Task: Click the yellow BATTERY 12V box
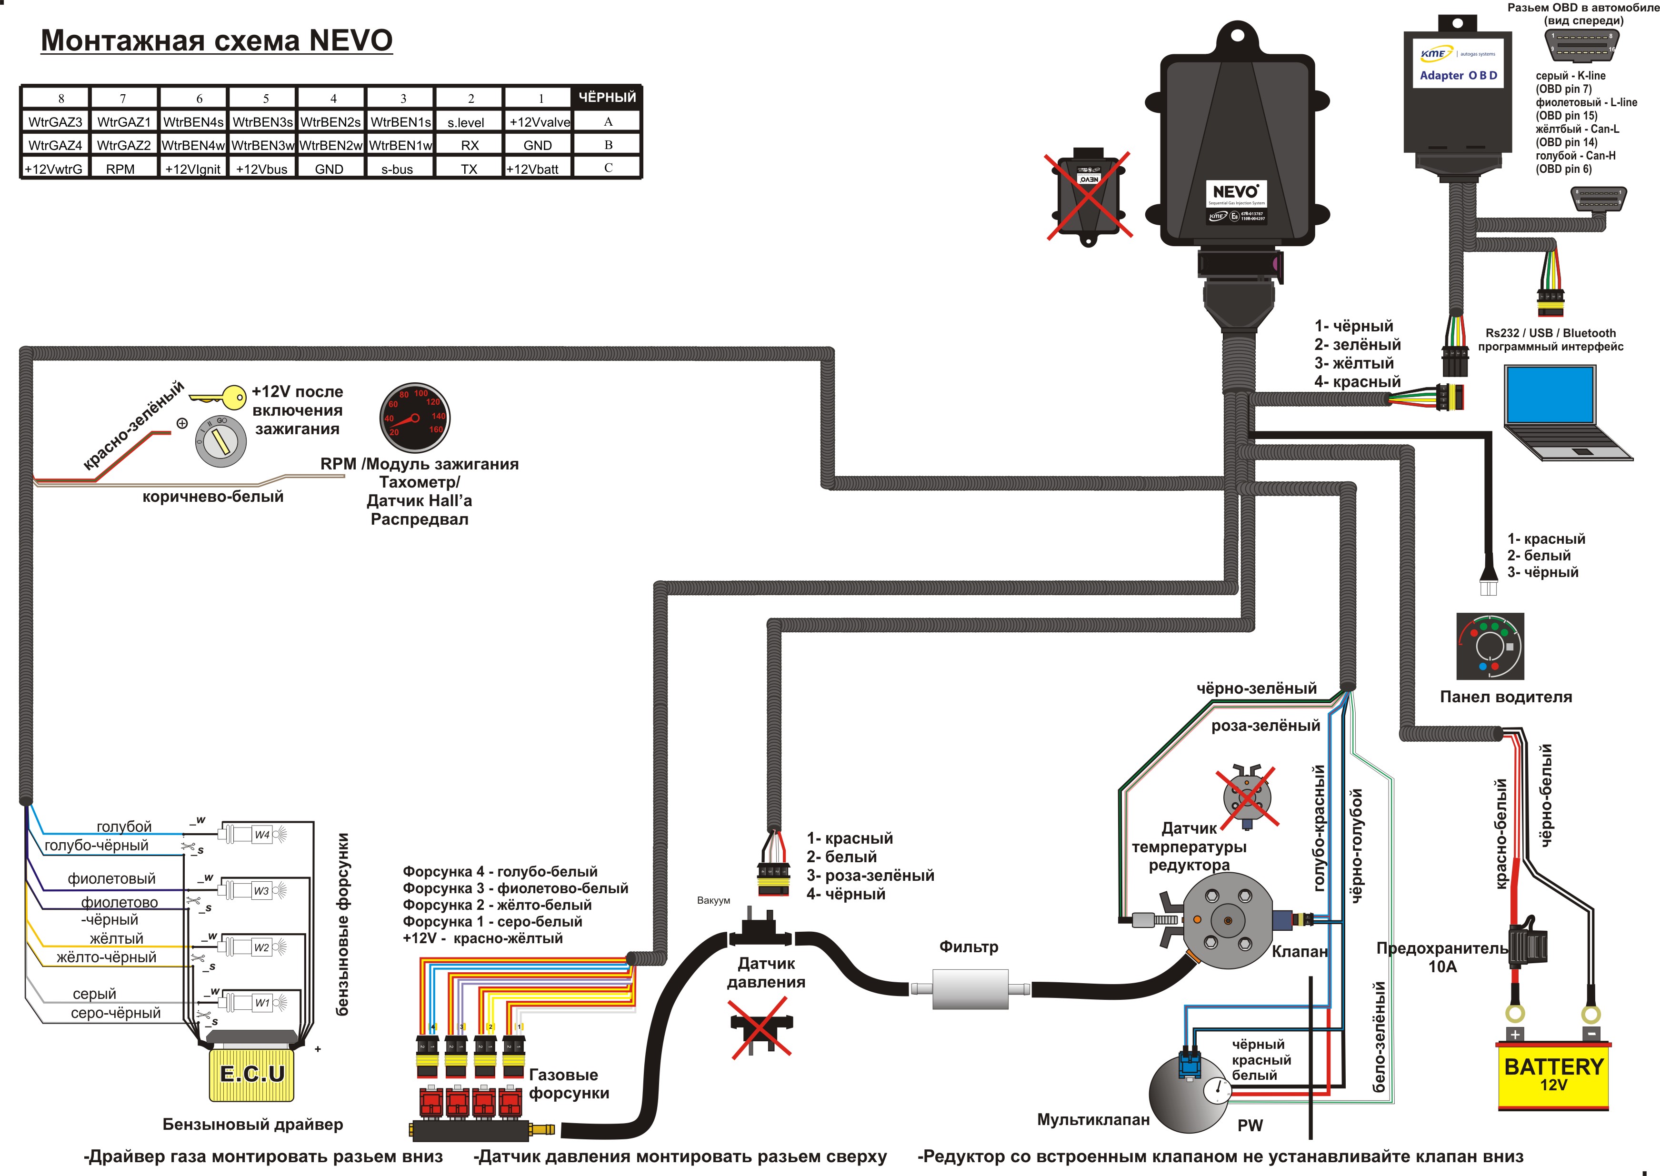tap(1553, 1076)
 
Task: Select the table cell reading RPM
tap(120, 169)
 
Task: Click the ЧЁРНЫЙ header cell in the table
tap(607, 97)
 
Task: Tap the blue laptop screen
tap(1550, 395)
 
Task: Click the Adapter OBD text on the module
tap(1458, 75)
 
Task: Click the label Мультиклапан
tap(1093, 1119)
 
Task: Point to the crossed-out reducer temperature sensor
tap(1247, 797)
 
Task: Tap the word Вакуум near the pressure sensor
tap(713, 900)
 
